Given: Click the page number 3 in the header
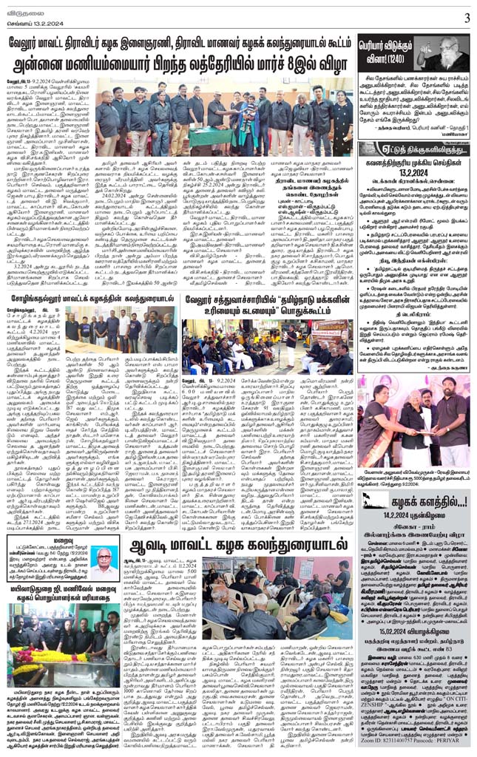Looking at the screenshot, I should point(467,18).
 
